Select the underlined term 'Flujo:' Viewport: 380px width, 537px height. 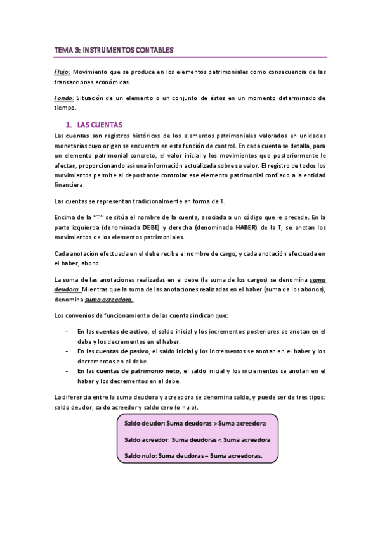coord(62,72)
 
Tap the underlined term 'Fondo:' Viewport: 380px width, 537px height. coord(63,98)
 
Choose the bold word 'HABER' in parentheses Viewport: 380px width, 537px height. coord(247,227)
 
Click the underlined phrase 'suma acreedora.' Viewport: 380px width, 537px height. coord(114,300)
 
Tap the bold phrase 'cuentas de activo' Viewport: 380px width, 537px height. coord(122,331)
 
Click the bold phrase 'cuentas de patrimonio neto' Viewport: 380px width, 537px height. coord(139,371)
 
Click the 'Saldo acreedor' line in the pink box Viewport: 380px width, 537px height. coord(197,439)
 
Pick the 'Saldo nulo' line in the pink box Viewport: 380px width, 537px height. coord(193,455)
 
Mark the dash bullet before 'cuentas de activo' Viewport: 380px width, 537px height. coord(68,331)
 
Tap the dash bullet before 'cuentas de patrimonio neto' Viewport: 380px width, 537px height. coord(68,371)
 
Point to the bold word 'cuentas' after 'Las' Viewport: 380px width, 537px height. coord(77,136)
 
